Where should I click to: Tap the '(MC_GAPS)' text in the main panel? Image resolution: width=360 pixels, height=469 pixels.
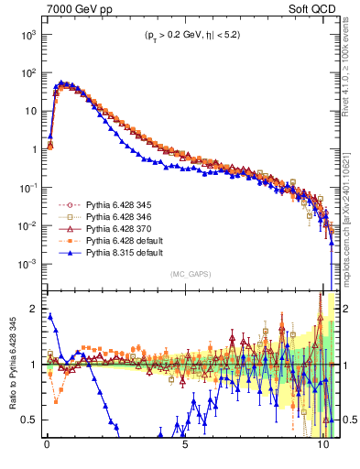click(188, 274)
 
